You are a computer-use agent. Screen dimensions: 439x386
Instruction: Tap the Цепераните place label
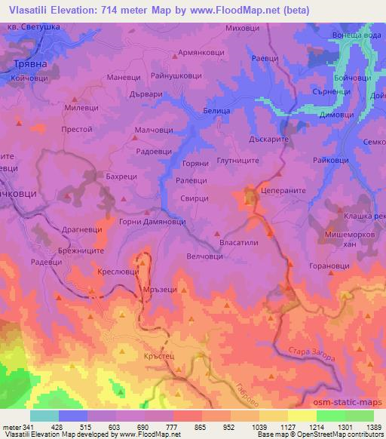[x=280, y=192]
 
